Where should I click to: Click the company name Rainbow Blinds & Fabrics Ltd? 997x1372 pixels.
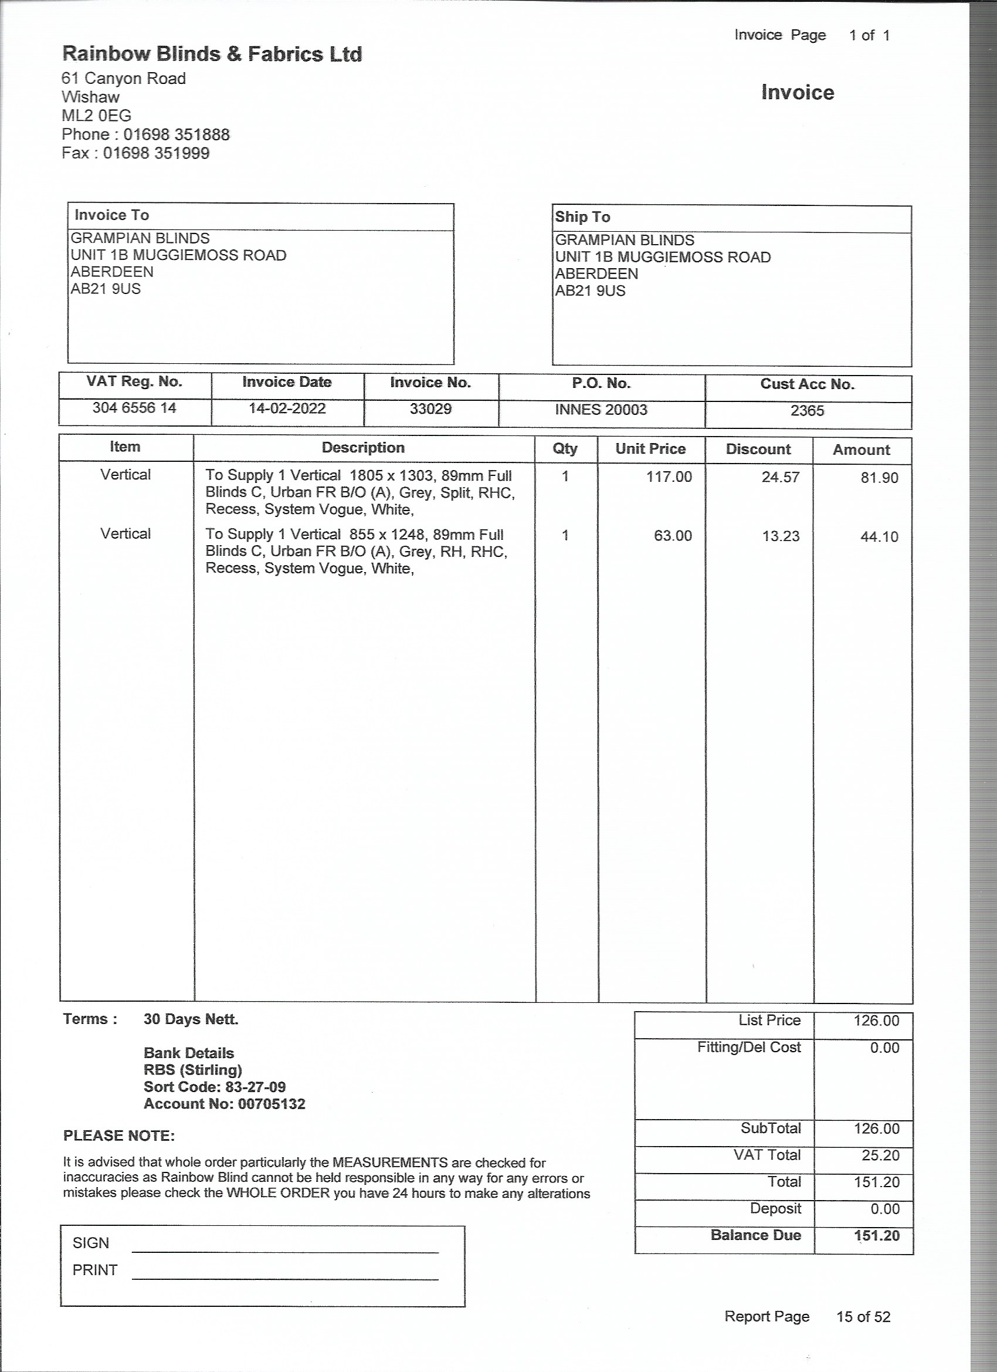click(x=212, y=55)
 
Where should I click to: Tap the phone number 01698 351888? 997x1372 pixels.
click(x=177, y=134)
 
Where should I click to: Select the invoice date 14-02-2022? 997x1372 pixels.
click(x=287, y=408)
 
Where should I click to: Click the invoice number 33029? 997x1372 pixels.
click(x=430, y=409)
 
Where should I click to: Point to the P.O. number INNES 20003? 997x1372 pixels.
click(x=601, y=410)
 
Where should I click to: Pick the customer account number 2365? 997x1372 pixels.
click(x=807, y=411)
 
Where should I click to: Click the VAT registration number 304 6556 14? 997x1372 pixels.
click(x=134, y=408)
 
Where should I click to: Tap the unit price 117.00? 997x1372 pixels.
click(x=669, y=477)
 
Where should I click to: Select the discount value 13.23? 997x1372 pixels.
click(x=781, y=536)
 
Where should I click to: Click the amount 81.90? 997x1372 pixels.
click(x=879, y=478)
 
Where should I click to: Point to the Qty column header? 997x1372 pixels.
click(x=565, y=448)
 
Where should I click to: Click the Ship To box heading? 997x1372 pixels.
click(x=582, y=217)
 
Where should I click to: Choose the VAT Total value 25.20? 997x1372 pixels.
click(x=880, y=1155)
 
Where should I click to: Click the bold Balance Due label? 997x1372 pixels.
click(x=756, y=1235)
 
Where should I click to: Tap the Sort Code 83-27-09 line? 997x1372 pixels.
click(x=215, y=1087)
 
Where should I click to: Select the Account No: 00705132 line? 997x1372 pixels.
click(x=224, y=1104)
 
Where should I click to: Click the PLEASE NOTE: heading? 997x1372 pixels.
click(x=119, y=1136)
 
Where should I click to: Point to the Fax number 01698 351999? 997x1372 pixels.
click(x=156, y=153)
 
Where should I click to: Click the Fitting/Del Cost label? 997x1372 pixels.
click(x=748, y=1047)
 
